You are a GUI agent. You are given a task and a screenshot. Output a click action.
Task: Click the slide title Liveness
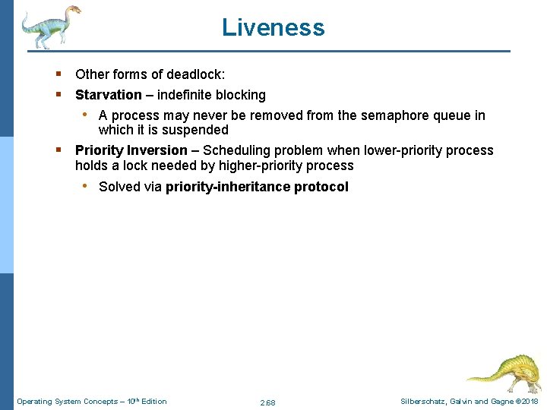point(273,27)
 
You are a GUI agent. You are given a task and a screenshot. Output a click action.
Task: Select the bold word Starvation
point(108,95)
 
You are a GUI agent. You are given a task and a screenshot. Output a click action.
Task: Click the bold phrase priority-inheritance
point(229,187)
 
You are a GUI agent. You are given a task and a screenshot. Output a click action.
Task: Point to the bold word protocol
point(322,187)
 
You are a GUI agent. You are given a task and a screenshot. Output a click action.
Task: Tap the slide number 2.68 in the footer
point(267,402)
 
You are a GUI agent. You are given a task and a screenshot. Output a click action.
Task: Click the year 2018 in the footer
point(530,401)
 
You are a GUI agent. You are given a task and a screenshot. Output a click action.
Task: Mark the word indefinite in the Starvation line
point(183,95)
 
